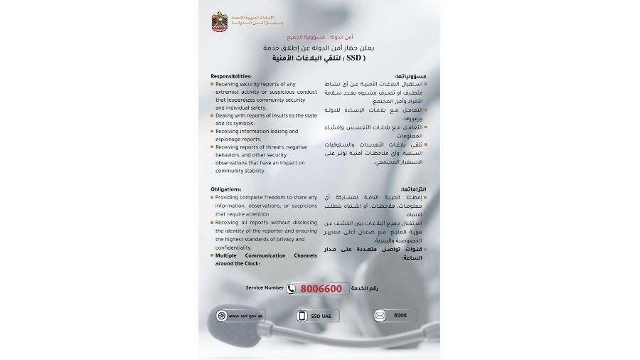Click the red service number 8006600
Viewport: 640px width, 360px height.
[321, 289]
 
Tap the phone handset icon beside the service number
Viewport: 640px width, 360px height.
[292, 289]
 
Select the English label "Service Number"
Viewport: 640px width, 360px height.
[265, 288]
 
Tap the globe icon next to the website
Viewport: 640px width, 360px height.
[222, 315]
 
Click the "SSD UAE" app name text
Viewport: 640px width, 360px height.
[321, 315]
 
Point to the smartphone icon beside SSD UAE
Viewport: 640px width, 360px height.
[302, 315]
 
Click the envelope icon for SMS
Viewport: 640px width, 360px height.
[380, 315]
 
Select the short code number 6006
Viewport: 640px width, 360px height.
[400, 315]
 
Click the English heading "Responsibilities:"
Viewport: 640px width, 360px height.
[232, 76]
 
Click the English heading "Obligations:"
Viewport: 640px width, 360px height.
[227, 189]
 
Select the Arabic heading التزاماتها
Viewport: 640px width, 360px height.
[412, 189]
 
